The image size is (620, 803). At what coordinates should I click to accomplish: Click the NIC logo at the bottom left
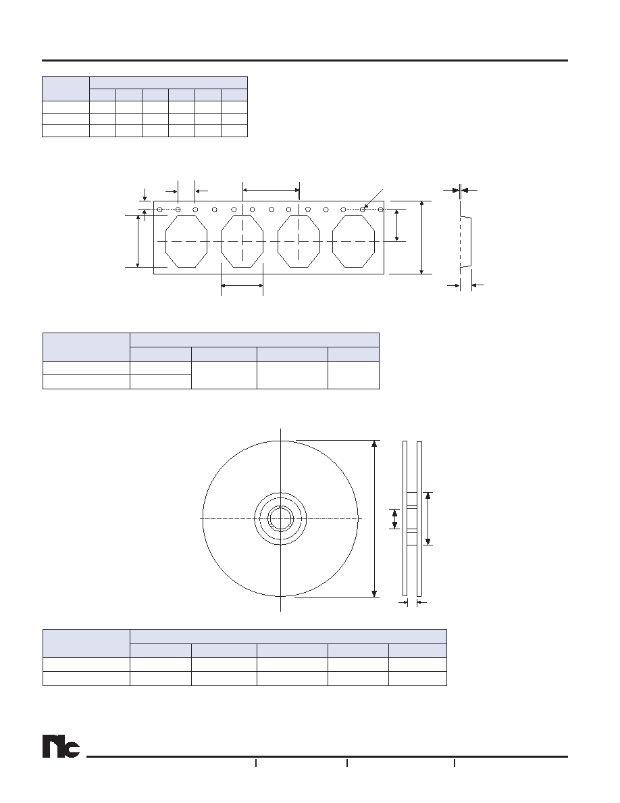click(61, 747)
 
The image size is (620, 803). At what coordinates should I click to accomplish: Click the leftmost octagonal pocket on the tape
click(186, 241)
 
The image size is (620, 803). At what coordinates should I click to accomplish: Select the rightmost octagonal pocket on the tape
click(353, 241)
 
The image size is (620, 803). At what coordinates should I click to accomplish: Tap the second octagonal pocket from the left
click(242, 241)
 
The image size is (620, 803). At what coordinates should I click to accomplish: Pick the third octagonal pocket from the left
click(299, 241)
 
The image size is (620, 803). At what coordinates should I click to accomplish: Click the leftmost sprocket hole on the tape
click(160, 210)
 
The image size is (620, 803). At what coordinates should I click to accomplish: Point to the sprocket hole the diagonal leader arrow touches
click(363, 210)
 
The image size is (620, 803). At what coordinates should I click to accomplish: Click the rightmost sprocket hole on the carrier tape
click(381, 210)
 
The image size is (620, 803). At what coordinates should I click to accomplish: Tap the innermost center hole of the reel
click(280, 518)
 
